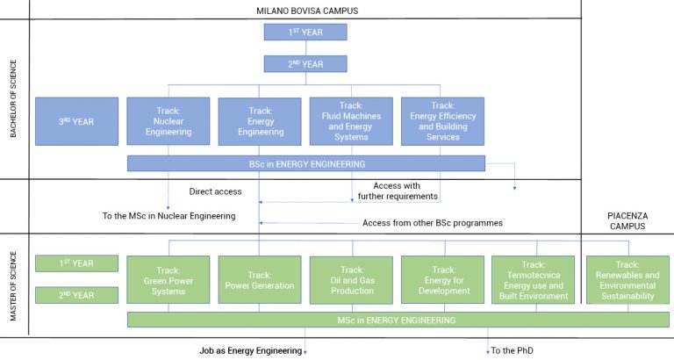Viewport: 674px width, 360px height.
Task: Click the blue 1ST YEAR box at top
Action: (x=305, y=32)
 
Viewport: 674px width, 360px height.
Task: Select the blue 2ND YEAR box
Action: (x=305, y=64)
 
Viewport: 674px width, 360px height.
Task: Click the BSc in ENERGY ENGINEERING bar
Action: (x=305, y=163)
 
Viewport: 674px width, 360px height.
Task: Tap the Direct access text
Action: (x=216, y=191)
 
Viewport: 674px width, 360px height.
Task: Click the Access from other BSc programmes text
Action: (x=432, y=223)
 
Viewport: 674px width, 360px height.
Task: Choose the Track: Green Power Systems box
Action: (x=168, y=279)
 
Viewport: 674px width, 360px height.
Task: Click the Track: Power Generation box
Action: (x=260, y=279)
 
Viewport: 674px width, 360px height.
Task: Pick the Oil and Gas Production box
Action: (x=351, y=279)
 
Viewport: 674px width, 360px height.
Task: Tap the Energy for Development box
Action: (x=443, y=279)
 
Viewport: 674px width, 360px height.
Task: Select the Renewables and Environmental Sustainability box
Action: (x=627, y=279)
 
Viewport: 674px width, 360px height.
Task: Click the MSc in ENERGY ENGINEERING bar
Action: (x=397, y=319)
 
